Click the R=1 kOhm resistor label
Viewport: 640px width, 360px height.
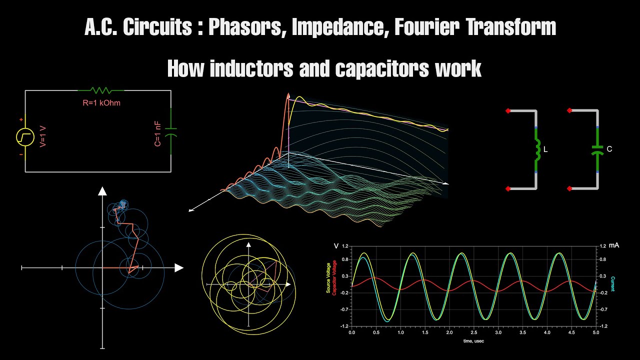101,103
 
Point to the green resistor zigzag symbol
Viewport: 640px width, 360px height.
101,90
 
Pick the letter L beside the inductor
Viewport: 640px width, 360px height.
545,149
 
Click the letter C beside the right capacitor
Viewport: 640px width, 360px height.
609,149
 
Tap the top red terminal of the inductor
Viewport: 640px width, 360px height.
508,110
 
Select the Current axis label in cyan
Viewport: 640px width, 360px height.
612,284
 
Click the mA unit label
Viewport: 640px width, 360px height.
614,246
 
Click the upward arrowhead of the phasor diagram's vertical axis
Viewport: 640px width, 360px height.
102,190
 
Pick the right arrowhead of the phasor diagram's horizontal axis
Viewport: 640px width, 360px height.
178,268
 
